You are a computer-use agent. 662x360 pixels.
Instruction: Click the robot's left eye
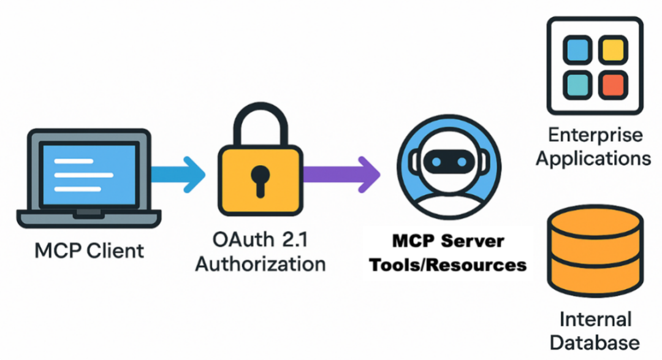(x=436, y=161)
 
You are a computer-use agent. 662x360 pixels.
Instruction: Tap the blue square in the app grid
(x=577, y=51)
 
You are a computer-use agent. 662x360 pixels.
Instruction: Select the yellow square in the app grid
(x=611, y=51)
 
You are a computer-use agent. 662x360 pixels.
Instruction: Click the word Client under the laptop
(x=114, y=251)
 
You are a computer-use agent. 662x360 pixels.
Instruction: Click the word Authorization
(x=260, y=264)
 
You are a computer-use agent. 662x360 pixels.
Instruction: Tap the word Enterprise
(x=594, y=134)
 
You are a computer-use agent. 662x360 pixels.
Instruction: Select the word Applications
(x=593, y=158)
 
